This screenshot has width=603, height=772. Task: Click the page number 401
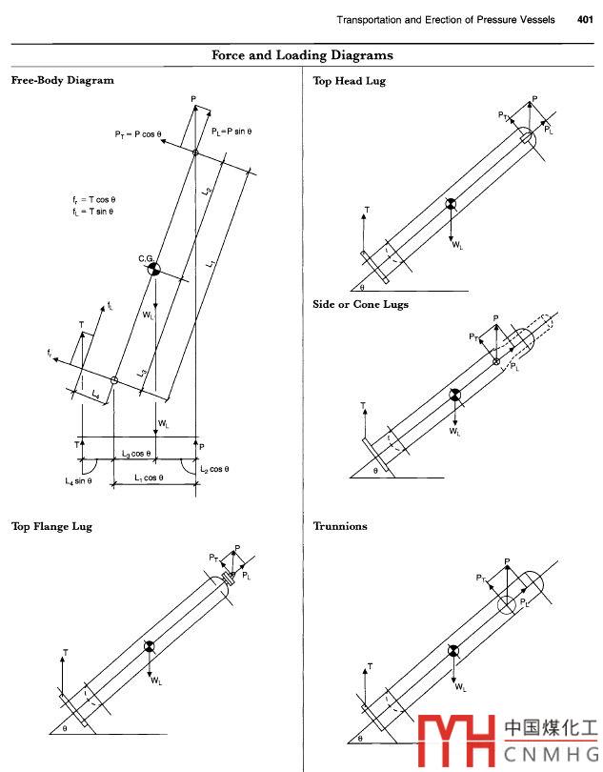[586, 20]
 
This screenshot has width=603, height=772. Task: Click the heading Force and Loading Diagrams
[302, 56]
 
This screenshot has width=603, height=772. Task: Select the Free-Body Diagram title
[62, 81]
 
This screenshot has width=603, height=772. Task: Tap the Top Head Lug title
[350, 82]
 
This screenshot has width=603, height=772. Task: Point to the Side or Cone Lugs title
[361, 305]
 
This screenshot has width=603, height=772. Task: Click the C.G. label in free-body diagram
[146, 258]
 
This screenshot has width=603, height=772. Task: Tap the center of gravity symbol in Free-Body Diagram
[152, 270]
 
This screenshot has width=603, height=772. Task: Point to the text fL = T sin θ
[93, 211]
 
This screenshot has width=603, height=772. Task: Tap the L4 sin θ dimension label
[78, 481]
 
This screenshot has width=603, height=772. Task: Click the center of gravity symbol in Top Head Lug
[452, 204]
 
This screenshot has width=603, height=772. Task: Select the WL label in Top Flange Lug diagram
[156, 681]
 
